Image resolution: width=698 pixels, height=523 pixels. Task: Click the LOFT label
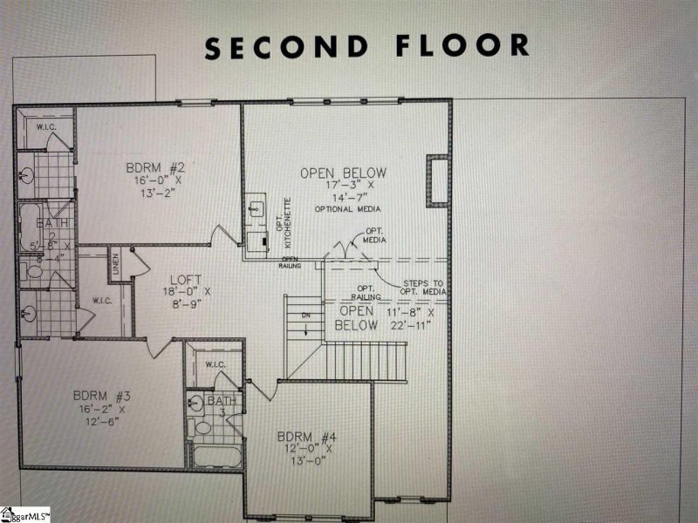tap(186, 280)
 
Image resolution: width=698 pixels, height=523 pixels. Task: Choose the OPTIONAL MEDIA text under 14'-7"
tap(342, 209)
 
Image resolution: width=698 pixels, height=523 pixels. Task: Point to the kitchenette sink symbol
tap(257, 209)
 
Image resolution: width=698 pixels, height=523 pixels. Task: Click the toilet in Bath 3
tap(202, 427)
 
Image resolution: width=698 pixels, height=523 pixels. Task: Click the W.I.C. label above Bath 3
tap(216, 364)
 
